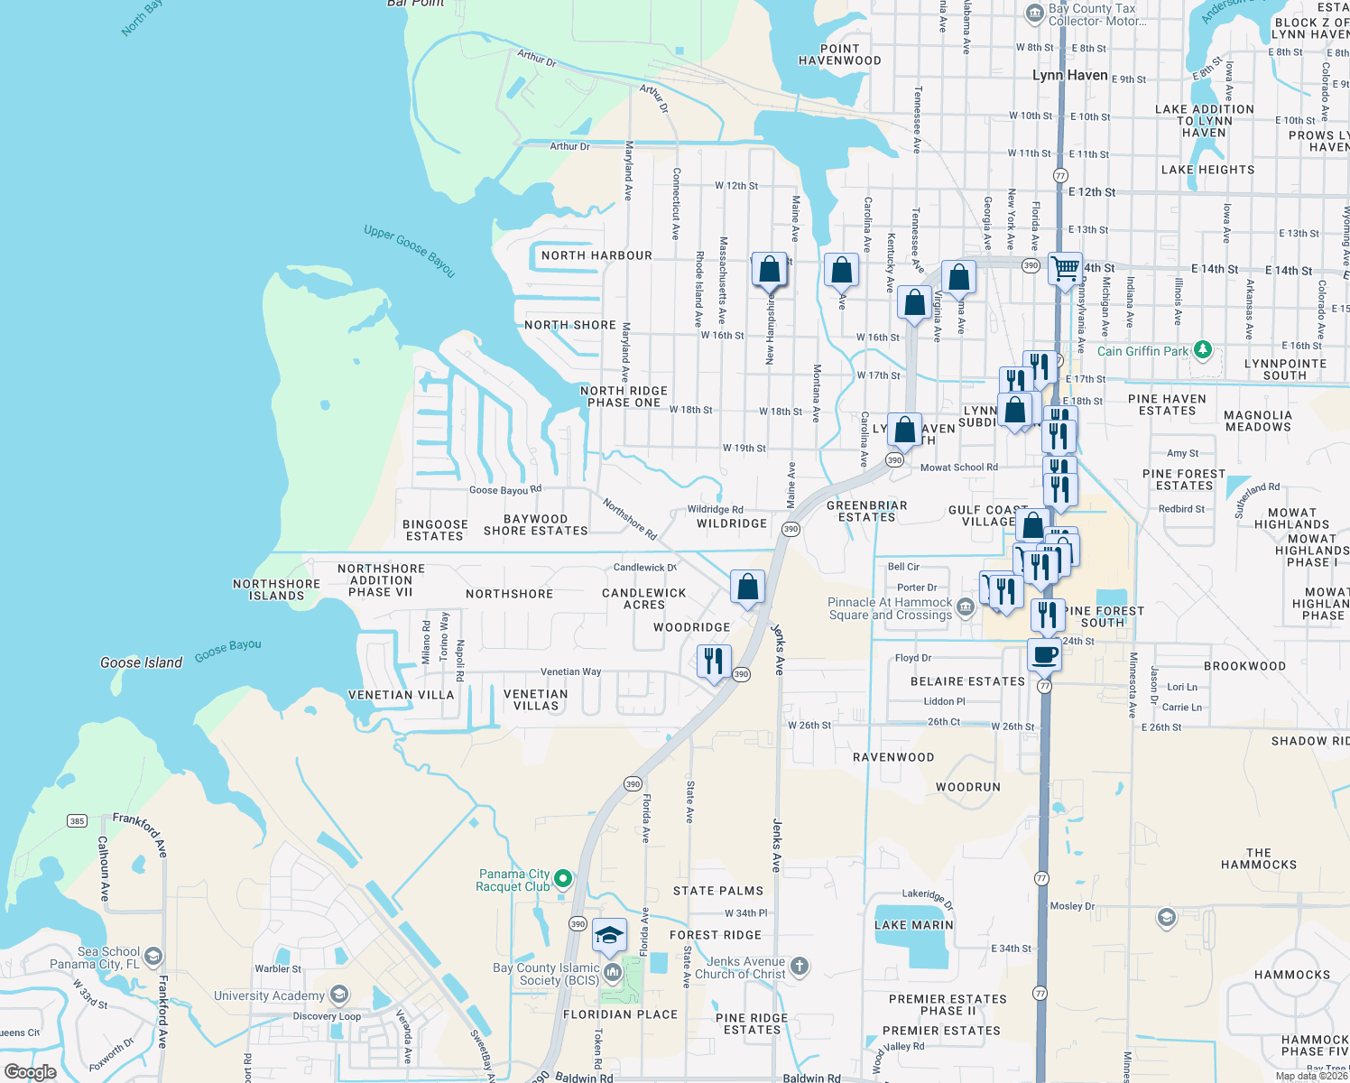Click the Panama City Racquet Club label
tap(513, 880)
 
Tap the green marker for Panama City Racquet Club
tap(563, 878)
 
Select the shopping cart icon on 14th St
tap(1065, 268)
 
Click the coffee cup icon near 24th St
tap(1044, 654)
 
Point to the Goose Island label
tap(141, 662)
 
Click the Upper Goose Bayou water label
tap(409, 250)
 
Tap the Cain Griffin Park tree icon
tap(1202, 350)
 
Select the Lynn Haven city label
tap(1069, 75)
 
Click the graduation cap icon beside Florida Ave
tap(609, 935)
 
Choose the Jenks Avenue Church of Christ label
tap(745, 967)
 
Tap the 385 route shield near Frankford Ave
tap(77, 820)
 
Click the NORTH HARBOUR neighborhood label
tap(596, 255)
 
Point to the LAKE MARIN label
tap(913, 925)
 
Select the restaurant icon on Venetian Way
tap(714, 661)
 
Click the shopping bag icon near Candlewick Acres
tap(747, 588)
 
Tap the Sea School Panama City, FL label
tap(95, 958)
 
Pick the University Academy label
tap(269, 995)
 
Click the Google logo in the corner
tap(30, 1072)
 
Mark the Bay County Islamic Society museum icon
tap(613, 972)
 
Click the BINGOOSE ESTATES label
tap(435, 530)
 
